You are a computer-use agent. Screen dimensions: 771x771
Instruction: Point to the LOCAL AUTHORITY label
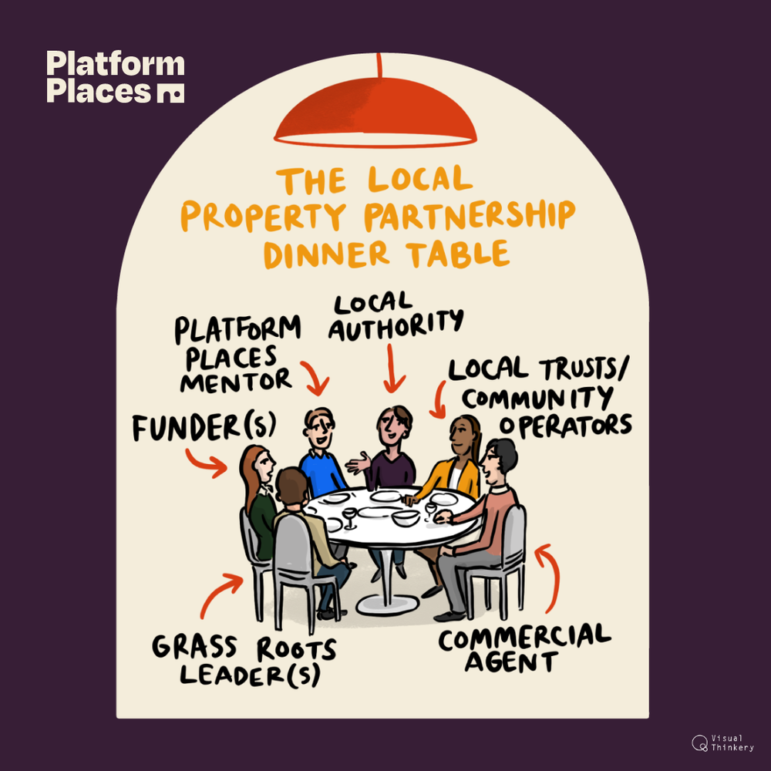(395, 316)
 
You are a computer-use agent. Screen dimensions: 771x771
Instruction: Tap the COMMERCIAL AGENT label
(524, 648)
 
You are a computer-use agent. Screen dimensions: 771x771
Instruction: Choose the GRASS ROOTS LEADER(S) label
(244, 660)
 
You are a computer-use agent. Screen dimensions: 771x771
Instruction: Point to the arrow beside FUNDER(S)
(207, 460)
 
